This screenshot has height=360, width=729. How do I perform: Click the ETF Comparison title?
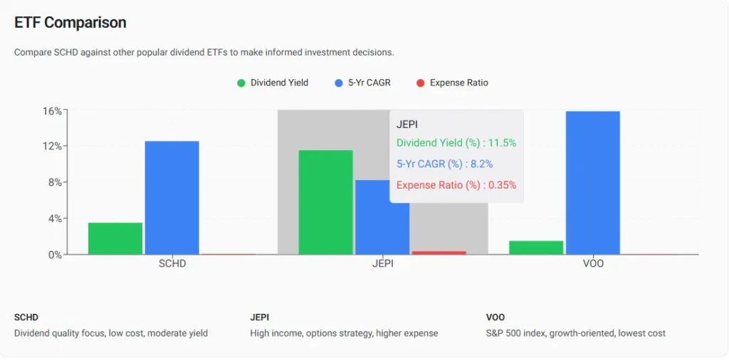[x=70, y=23]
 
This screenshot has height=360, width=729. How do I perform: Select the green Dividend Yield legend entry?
[x=273, y=83]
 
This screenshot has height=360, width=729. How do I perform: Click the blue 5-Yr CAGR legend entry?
[x=362, y=83]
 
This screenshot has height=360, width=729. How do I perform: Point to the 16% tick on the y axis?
[x=53, y=111]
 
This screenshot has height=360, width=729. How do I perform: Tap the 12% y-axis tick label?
[x=53, y=147]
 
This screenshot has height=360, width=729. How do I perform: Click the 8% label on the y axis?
[x=56, y=182]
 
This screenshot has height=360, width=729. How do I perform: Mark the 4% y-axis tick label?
[x=56, y=218]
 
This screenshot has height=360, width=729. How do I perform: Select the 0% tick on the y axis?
[x=56, y=254]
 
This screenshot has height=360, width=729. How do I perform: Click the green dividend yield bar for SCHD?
[x=115, y=238]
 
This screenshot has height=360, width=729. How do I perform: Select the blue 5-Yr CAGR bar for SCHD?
[x=172, y=198]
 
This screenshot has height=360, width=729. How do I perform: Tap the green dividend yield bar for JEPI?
[x=325, y=202]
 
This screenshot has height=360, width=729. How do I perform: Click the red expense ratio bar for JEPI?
[x=439, y=253]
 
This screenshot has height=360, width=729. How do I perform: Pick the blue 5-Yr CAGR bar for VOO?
[x=592, y=183]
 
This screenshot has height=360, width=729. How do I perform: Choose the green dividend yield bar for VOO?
[x=536, y=248]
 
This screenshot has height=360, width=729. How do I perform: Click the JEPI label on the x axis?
[x=382, y=264]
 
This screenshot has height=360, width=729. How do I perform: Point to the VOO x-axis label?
[x=592, y=264]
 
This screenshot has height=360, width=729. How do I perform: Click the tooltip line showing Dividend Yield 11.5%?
[x=456, y=143]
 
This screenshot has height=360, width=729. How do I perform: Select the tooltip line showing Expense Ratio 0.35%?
[x=456, y=185]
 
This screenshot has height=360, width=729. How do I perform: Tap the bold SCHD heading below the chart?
[x=26, y=317]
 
